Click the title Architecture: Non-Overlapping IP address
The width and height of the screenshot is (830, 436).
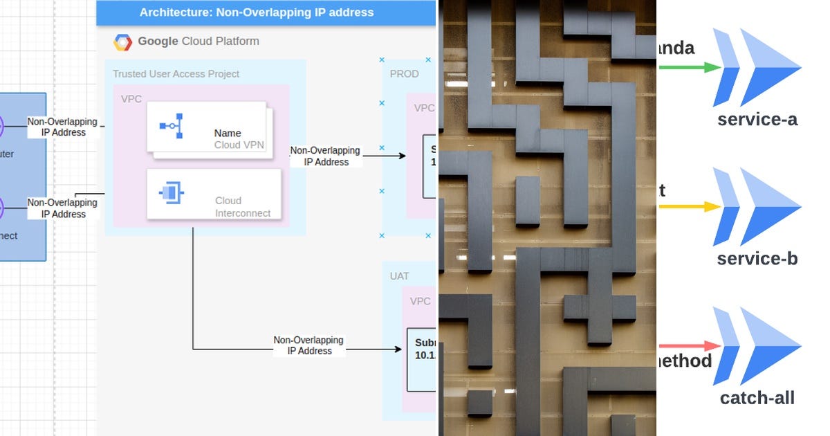tap(257, 12)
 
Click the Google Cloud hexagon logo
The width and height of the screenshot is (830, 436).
tap(122, 42)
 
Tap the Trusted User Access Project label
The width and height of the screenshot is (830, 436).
tap(176, 74)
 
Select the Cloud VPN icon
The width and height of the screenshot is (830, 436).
tap(169, 125)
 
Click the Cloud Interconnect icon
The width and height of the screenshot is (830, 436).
tap(169, 194)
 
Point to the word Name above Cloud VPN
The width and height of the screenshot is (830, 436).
tap(228, 133)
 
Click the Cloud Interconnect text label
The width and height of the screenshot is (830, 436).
tap(243, 207)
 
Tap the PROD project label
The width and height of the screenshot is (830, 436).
tap(404, 74)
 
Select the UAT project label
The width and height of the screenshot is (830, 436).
tap(399, 276)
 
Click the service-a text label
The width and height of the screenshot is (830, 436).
tap(757, 120)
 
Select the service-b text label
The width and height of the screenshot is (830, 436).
tap(757, 259)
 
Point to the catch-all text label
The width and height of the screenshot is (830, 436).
tap(757, 398)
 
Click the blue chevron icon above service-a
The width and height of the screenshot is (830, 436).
tap(757, 67)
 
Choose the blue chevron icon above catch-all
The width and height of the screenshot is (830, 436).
tap(757, 345)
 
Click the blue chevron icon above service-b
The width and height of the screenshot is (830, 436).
tap(757, 206)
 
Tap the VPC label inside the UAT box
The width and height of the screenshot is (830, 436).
tap(420, 302)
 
